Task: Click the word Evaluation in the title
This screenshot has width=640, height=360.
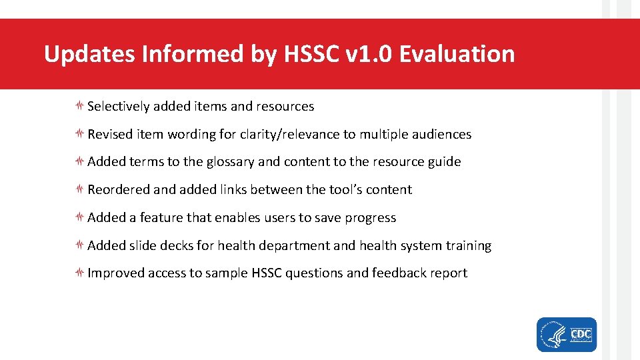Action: (x=457, y=54)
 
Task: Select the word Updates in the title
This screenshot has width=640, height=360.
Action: (x=89, y=54)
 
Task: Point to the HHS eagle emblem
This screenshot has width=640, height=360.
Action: (x=553, y=334)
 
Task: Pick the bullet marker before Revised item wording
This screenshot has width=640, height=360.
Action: (x=79, y=134)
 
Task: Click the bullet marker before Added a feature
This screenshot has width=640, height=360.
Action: (x=79, y=217)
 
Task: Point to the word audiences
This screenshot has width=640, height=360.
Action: (x=439, y=135)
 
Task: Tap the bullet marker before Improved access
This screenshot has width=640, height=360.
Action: (x=79, y=273)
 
